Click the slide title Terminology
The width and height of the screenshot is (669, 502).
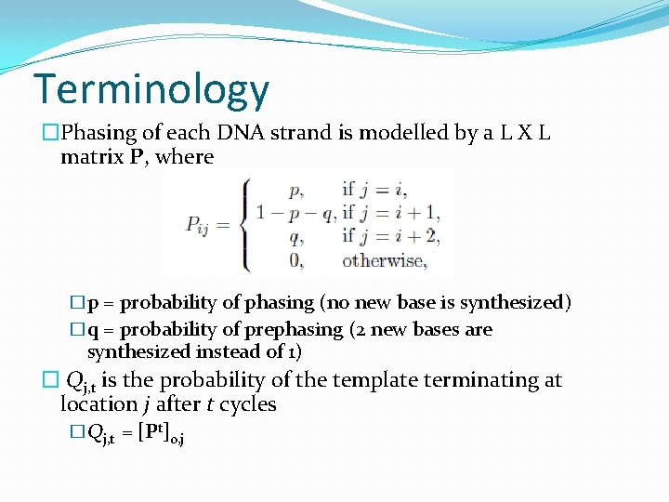[151, 89]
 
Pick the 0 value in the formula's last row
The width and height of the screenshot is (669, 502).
[295, 260]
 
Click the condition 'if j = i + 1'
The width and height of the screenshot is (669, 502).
[390, 213]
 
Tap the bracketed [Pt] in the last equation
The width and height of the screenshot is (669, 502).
[152, 431]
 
